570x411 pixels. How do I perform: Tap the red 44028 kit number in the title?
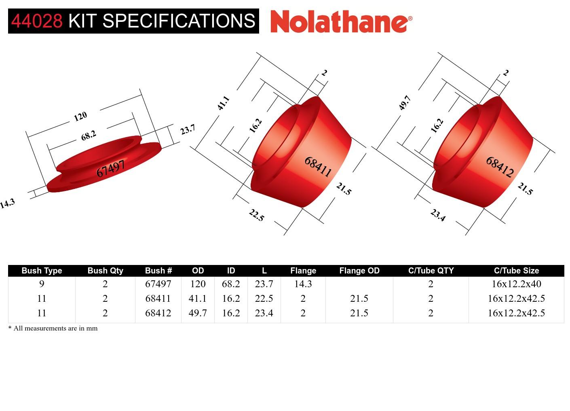pyautogui.click(x=37, y=21)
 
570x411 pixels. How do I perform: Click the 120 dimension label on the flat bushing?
pyautogui.click(x=80, y=117)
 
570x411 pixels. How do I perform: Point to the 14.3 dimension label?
pyautogui.click(x=7, y=203)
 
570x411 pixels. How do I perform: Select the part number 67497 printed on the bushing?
pyautogui.click(x=110, y=169)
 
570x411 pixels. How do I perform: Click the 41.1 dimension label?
pyautogui.click(x=223, y=103)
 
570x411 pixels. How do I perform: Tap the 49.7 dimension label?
pyautogui.click(x=405, y=103)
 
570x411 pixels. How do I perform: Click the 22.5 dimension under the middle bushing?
pyautogui.click(x=256, y=215)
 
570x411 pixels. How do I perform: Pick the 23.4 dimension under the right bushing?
pyautogui.click(x=438, y=215)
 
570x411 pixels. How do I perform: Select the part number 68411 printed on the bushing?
pyautogui.click(x=318, y=167)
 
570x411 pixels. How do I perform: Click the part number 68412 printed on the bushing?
pyautogui.click(x=500, y=167)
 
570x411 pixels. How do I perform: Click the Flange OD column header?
pyautogui.click(x=359, y=271)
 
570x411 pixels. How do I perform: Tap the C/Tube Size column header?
pyautogui.click(x=516, y=271)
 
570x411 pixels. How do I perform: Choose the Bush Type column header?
pyautogui.click(x=42, y=271)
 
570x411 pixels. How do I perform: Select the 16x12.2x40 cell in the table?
pyautogui.click(x=516, y=284)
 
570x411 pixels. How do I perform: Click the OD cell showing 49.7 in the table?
pyautogui.click(x=198, y=313)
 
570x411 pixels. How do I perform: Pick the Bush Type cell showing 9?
pyautogui.click(x=42, y=284)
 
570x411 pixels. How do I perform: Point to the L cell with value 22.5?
pyautogui.click(x=264, y=299)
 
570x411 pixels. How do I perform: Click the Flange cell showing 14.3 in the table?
pyautogui.click(x=303, y=284)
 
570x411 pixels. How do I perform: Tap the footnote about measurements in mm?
pyautogui.click(x=53, y=328)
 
